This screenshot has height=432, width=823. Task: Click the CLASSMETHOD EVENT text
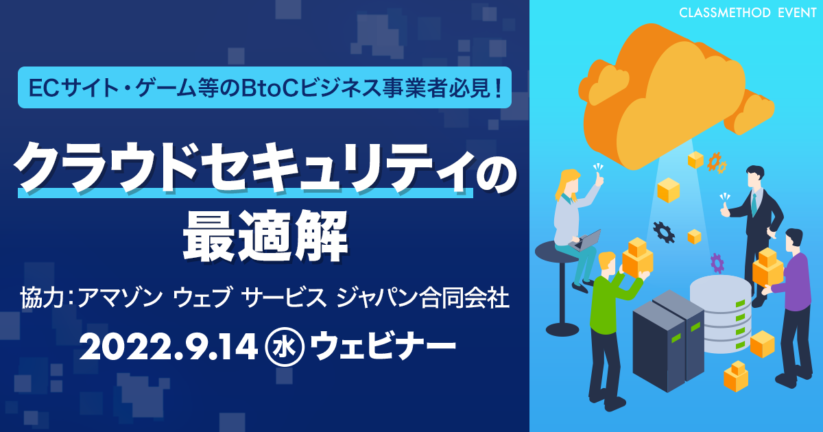(748, 13)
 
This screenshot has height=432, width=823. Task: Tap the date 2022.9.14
(168, 347)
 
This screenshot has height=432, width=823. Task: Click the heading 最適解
(265, 235)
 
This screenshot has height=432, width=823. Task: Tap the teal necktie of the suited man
(754, 204)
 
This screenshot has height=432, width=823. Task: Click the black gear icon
(664, 232)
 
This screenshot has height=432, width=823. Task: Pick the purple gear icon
(717, 263)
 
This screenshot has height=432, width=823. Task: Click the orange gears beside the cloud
(717, 163)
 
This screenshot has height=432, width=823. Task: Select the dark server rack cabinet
(669, 340)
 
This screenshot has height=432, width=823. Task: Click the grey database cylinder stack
(721, 314)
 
